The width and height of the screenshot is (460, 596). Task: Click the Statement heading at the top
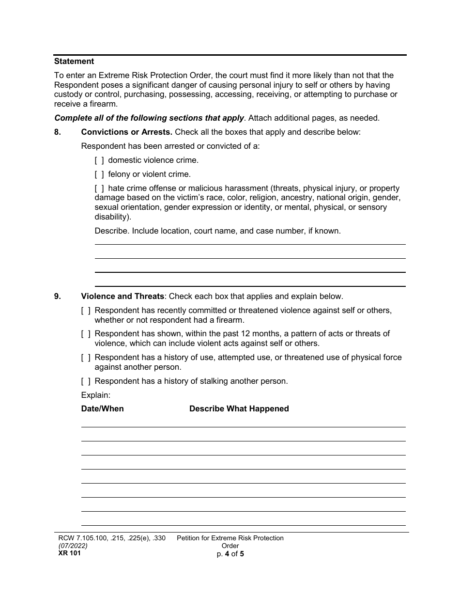click(x=74, y=62)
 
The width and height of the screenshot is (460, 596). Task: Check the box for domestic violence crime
click(x=99, y=160)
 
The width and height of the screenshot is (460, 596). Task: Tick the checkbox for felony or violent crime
click(x=99, y=174)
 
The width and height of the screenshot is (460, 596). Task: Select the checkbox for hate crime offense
click(x=99, y=188)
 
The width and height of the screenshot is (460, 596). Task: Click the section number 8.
click(x=58, y=132)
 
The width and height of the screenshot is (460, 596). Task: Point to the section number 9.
click(x=58, y=296)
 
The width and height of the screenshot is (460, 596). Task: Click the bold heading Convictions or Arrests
click(x=126, y=132)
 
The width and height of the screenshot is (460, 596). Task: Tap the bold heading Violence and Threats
click(x=123, y=296)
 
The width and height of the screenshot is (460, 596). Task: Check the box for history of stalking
click(x=86, y=381)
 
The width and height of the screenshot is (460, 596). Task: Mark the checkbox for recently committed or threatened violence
click(x=86, y=310)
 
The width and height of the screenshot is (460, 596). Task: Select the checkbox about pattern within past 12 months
click(x=86, y=334)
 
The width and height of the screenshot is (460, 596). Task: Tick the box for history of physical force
click(x=86, y=358)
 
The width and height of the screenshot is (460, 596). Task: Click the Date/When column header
click(x=102, y=409)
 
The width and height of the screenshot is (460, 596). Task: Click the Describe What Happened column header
click(x=239, y=409)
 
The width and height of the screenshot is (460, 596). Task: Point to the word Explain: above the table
click(x=96, y=395)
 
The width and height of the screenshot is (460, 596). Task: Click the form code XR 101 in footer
click(x=67, y=553)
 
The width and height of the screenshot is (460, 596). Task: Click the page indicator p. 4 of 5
click(x=230, y=553)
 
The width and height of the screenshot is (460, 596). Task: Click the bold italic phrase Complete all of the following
click(x=149, y=118)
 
